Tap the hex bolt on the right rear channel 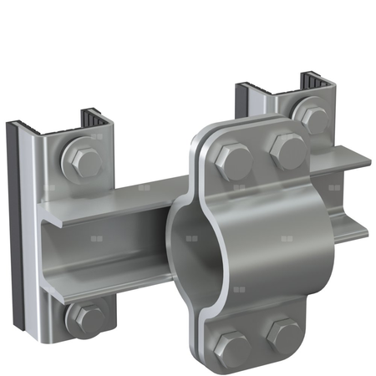pos(312,119)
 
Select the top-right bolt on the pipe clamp pos(287,152)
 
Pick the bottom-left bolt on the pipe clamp pos(233,346)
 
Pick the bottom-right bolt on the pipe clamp pos(283,336)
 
